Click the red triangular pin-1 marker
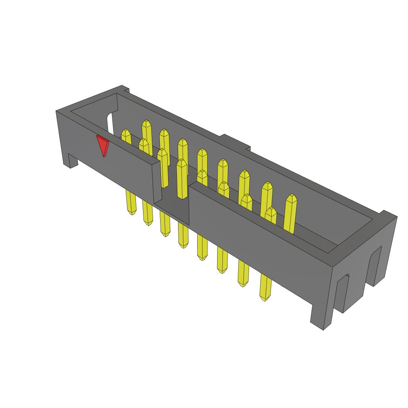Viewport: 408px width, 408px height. [103, 145]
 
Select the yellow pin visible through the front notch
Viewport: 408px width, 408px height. [182, 179]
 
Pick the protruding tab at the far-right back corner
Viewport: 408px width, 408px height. [388, 215]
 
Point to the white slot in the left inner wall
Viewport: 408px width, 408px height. [110, 124]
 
